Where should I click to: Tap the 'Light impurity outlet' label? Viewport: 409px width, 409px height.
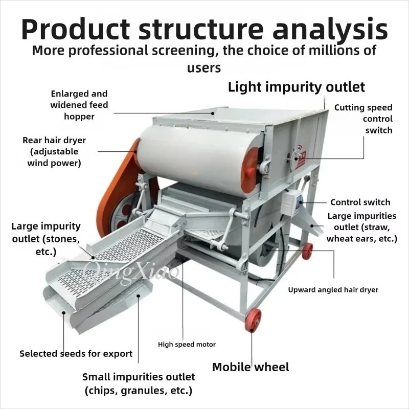(x=297, y=87)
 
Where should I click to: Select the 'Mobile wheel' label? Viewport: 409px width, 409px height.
(x=251, y=367)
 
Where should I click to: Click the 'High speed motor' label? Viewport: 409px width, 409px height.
(x=187, y=344)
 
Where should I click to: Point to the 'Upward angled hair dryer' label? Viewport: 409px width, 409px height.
(x=333, y=290)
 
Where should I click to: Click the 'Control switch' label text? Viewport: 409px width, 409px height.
(x=360, y=202)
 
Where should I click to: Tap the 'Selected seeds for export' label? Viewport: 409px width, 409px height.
(x=76, y=354)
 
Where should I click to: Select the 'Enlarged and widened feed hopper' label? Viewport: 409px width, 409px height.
(x=79, y=105)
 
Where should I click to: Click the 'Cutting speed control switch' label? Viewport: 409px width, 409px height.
(x=363, y=119)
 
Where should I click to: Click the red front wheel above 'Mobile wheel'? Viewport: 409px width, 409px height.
(x=253, y=321)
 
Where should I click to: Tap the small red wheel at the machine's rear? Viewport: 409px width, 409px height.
(x=307, y=251)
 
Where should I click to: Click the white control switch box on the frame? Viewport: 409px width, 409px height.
(x=289, y=203)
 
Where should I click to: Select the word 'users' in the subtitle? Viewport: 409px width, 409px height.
(x=204, y=68)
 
